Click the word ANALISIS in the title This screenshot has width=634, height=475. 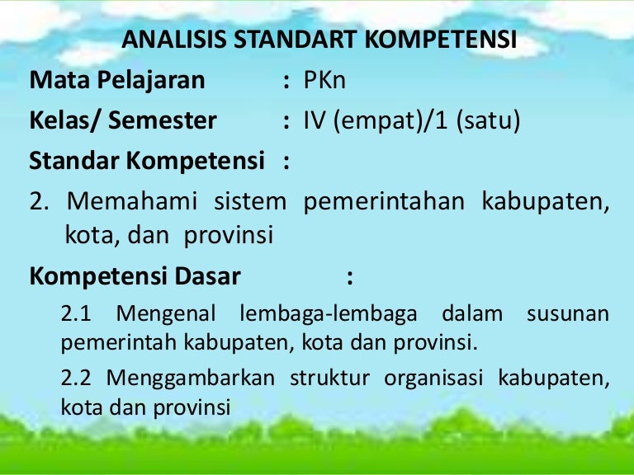(174, 40)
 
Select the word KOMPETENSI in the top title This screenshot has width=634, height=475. (441, 40)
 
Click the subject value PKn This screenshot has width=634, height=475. (324, 80)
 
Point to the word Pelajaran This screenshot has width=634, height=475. (151, 81)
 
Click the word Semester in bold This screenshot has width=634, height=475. (163, 120)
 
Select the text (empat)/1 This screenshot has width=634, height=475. (390, 121)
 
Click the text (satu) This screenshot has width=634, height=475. (488, 121)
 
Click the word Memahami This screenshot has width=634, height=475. (132, 200)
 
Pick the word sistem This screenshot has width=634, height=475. (250, 200)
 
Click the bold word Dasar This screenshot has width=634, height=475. (207, 276)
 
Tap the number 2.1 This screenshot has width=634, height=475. (76, 313)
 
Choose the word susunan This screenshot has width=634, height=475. (568, 314)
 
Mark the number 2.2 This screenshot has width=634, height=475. (76, 378)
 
